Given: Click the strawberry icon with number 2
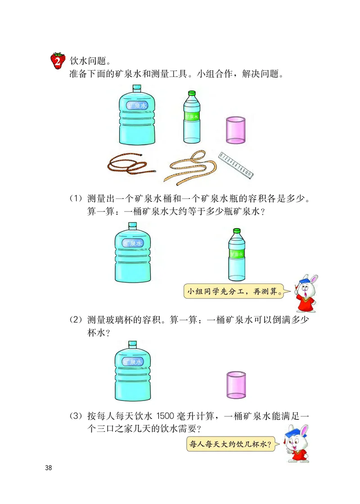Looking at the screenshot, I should point(57,60).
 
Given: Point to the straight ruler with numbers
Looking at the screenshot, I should point(237,164).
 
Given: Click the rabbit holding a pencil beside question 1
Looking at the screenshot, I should point(305,292).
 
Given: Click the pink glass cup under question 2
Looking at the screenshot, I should point(236,384).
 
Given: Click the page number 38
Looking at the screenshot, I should point(49,468).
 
